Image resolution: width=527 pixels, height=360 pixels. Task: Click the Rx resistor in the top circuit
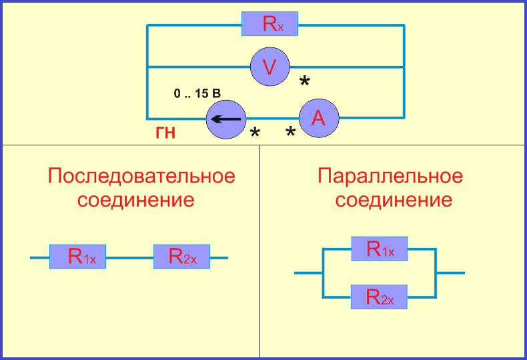click(x=270, y=24)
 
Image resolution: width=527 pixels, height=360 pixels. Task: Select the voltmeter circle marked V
click(x=270, y=67)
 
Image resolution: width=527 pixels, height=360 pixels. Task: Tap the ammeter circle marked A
click(x=318, y=118)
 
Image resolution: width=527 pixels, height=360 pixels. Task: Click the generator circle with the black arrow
click(x=226, y=119)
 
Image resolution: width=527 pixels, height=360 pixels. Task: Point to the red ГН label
click(x=165, y=133)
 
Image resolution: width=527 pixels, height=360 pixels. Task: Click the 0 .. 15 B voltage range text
click(x=197, y=94)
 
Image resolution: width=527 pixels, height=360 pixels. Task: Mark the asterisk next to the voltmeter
click(x=304, y=82)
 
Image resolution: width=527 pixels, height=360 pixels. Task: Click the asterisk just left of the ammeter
click(x=290, y=133)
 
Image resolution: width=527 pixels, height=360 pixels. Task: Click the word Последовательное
click(x=141, y=177)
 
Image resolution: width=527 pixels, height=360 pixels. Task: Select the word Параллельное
click(x=390, y=177)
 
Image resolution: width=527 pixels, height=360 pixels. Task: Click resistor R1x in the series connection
click(x=77, y=257)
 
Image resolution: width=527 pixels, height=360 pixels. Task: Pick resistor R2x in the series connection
click(x=181, y=257)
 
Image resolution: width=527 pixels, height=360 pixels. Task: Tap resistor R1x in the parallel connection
click(x=379, y=249)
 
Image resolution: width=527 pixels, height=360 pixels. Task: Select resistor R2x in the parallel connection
click(x=379, y=296)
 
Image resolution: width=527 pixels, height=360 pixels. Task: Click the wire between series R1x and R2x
click(x=129, y=257)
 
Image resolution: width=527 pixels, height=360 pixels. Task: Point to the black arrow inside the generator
click(x=226, y=120)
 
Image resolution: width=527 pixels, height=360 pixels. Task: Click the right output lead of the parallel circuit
click(x=451, y=273)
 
